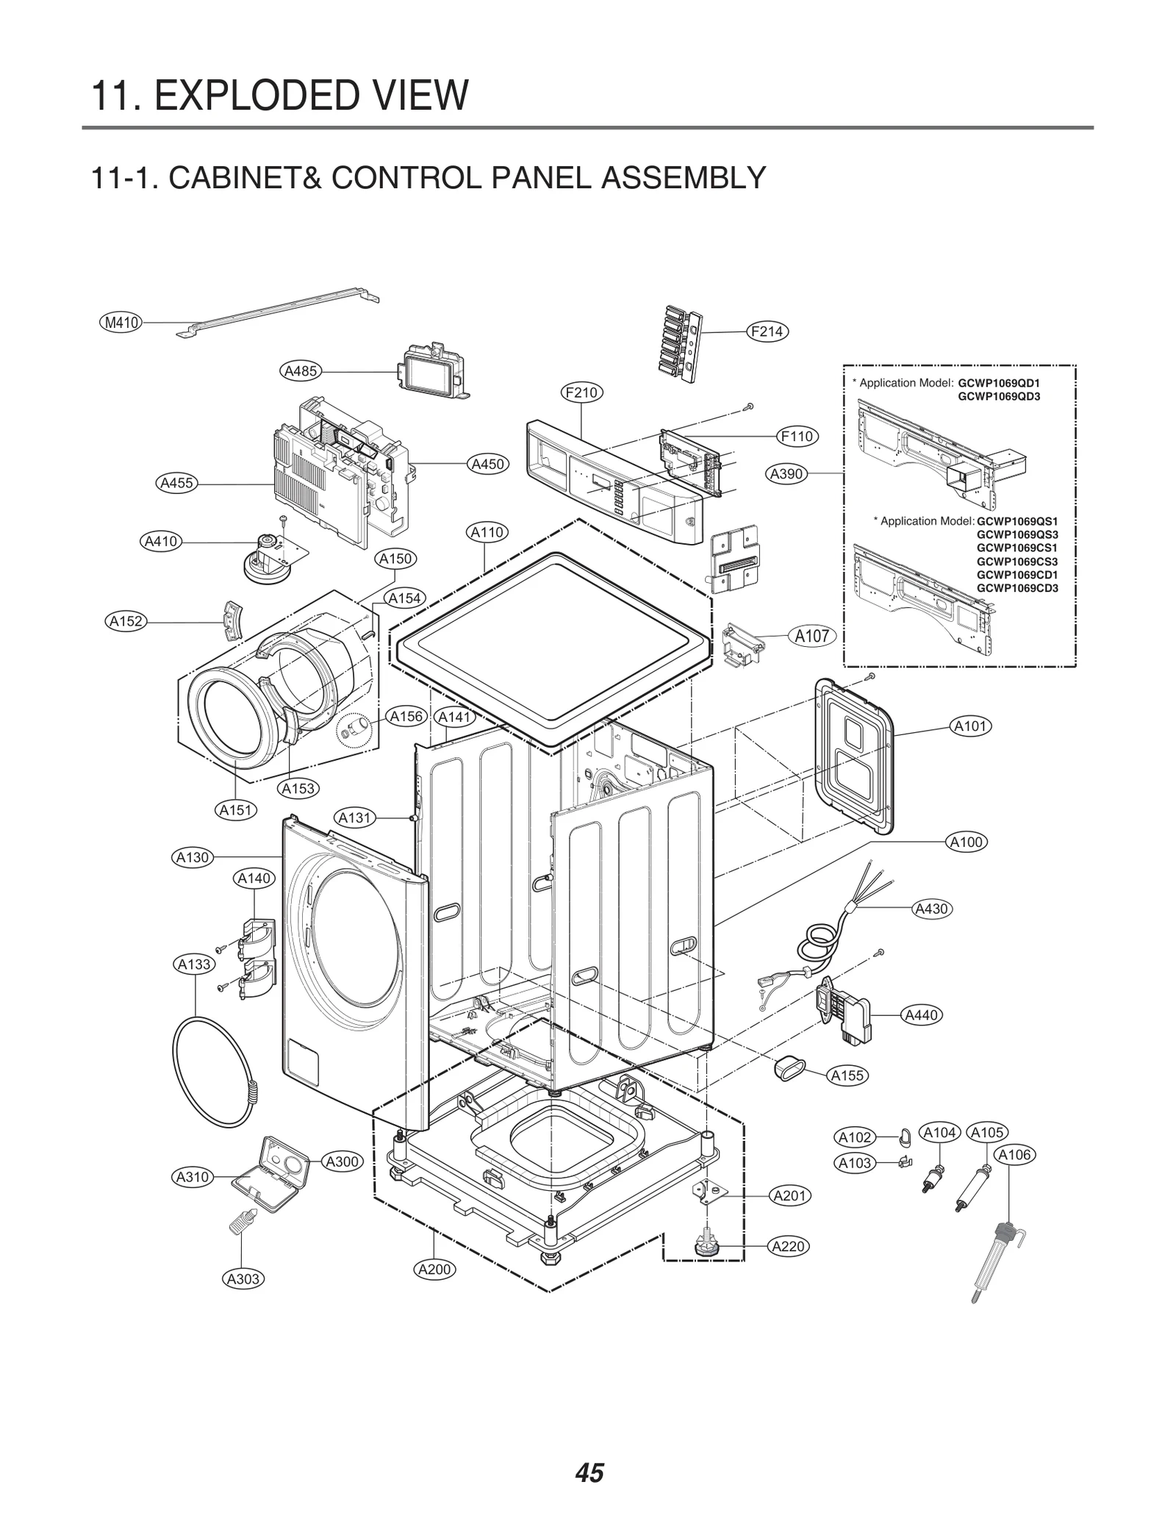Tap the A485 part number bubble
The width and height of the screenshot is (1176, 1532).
[301, 371]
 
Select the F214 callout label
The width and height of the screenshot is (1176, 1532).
[767, 332]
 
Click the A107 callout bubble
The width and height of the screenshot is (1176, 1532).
[811, 636]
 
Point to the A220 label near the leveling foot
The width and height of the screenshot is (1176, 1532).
[789, 1246]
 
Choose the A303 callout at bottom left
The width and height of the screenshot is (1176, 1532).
[243, 1278]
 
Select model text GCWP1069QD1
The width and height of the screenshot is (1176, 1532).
[999, 383]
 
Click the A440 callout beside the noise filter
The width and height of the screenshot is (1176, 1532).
[922, 1015]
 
